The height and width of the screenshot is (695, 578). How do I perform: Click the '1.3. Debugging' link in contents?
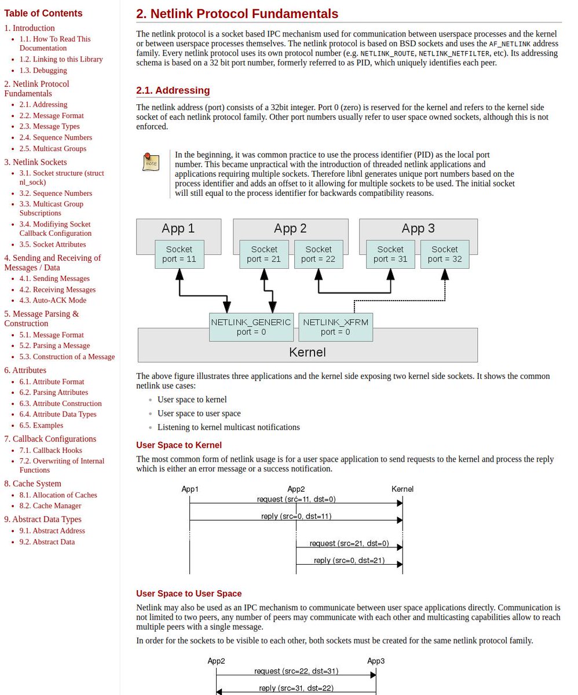coord(43,70)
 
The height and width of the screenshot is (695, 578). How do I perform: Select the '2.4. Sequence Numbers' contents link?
coord(56,137)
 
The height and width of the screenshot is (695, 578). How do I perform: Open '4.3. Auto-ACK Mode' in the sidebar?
coord(53,300)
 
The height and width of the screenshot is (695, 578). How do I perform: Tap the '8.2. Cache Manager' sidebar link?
coord(50,506)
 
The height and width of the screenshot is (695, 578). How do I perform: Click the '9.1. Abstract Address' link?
coord(52,531)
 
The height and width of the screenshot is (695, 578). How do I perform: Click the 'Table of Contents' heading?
coord(43,13)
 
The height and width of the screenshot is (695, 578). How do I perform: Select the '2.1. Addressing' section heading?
coord(173,90)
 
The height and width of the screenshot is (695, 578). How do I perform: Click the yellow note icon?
coord(151,162)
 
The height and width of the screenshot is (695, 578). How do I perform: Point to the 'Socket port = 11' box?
coord(179,254)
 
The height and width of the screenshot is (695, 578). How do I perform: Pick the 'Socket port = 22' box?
coord(319,254)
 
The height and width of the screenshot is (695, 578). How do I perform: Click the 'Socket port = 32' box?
coord(444,254)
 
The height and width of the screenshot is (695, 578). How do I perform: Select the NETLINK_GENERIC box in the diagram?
coord(251,327)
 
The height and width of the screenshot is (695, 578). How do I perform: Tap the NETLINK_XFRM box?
coord(335,327)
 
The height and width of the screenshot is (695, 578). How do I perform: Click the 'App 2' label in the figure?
coord(290,228)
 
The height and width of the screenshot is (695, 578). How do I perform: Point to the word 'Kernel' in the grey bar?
coord(307,352)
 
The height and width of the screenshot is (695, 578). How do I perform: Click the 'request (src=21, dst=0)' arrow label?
coord(349,543)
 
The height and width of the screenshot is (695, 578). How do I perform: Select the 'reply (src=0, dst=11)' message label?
coord(297,516)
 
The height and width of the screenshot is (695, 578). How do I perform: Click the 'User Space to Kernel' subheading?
coord(179,445)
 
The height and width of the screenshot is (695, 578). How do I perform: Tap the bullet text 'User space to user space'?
coord(199,414)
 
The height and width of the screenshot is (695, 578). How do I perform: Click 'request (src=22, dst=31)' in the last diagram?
coord(296,671)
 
